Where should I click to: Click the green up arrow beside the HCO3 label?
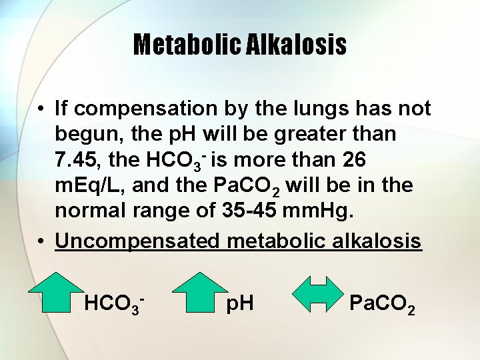tap(55, 292)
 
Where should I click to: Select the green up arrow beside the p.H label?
tap(200, 292)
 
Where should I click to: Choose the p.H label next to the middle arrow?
tap(240, 305)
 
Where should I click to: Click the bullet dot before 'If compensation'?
tap(41, 108)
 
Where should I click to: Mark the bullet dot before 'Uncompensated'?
tap(41, 240)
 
